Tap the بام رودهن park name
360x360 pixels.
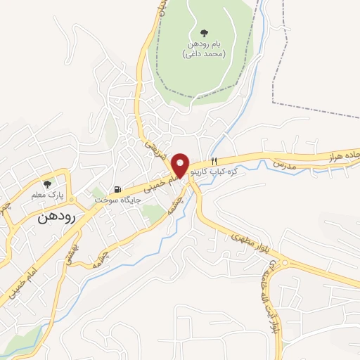[203, 44]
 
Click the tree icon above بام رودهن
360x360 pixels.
[204, 32]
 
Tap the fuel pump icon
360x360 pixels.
[118, 189]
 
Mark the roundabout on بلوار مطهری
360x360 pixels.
[284, 264]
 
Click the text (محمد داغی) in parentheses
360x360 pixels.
[203, 53]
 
